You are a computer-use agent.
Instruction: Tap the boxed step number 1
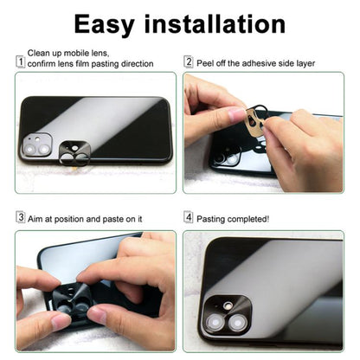coord(20,61)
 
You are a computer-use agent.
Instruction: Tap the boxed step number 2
coord(189,61)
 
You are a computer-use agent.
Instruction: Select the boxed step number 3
coord(20,218)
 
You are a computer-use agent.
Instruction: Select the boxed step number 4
coord(189,218)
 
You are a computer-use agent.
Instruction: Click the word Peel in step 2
coord(206,62)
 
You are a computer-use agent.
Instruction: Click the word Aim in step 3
coord(35,219)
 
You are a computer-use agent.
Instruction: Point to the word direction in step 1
coord(135,64)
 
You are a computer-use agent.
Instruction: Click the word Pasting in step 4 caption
coord(214,219)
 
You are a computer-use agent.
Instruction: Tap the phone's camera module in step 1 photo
coord(37,145)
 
